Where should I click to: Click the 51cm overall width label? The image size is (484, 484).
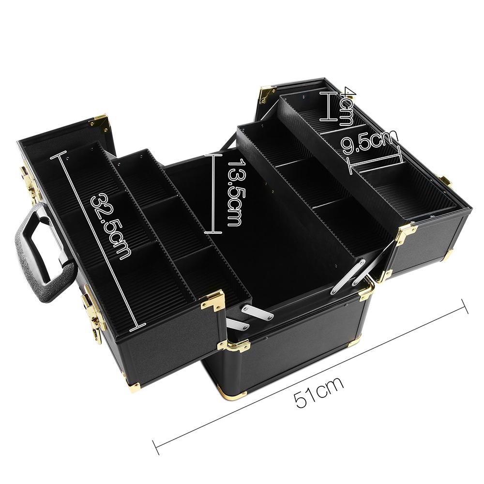(319, 392)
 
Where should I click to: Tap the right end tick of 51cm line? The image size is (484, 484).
(465, 306)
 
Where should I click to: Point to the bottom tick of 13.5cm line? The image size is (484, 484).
(213, 233)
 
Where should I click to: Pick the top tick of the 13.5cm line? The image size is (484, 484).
(213, 155)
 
